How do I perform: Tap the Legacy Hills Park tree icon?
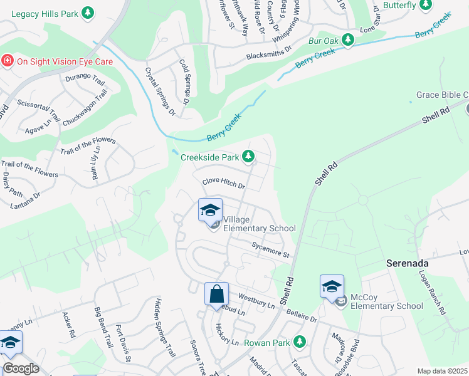88,12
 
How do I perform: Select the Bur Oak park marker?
347,40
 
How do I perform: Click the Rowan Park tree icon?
300,342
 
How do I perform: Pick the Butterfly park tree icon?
426,6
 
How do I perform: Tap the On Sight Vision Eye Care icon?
8,61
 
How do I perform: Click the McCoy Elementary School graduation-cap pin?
332,286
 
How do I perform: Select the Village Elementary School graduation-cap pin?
210,210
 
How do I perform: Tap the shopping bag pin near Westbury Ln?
216,293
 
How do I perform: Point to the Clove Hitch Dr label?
223,183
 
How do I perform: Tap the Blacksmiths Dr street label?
269,51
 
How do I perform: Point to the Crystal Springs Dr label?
160,91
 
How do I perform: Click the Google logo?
20,368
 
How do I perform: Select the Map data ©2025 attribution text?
442,371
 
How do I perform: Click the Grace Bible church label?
442,95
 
